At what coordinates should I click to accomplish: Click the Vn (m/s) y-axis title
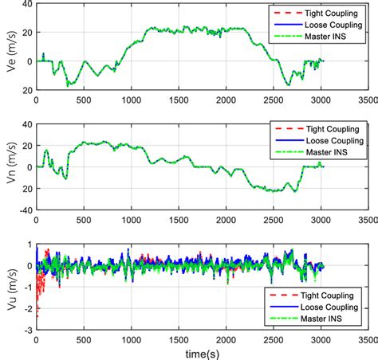(x=10, y=167)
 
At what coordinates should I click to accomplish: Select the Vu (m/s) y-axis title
(x=10, y=287)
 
